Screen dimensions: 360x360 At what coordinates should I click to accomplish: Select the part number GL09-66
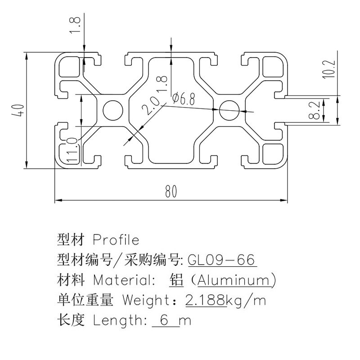221,260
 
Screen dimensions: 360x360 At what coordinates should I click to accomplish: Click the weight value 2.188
205,299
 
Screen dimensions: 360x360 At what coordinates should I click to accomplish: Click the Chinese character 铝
176,280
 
